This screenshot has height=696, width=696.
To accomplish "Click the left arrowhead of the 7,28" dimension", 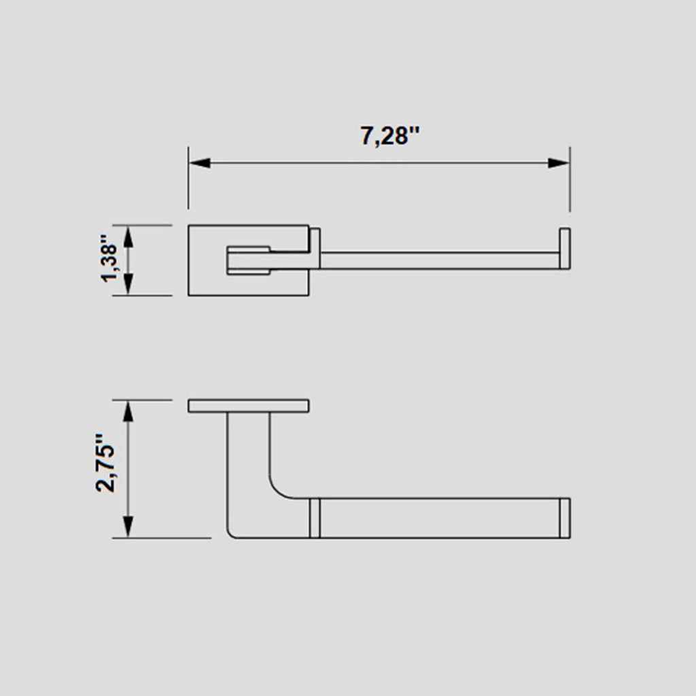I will tap(199, 163).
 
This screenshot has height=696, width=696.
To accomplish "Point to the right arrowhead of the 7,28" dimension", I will tap(559, 163).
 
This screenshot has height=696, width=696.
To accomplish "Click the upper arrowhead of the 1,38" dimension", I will tap(129, 236).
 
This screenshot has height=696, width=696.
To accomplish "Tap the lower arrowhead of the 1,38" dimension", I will tap(129, 284).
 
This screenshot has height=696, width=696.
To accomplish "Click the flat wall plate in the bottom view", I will tap(249, 406).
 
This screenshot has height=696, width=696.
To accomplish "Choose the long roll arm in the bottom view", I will tap(438, 518).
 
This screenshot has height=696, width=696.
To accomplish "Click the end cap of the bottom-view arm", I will tap(564, 518).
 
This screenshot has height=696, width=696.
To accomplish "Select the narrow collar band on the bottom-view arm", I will tap(314, 518).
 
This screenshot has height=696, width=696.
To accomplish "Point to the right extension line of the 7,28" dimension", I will tap(570, 184).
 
